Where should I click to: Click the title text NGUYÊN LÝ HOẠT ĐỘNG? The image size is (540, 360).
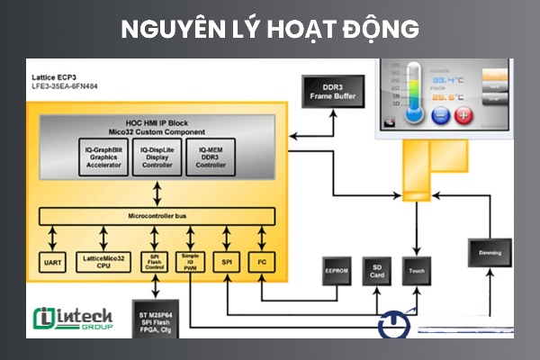coord(270,29)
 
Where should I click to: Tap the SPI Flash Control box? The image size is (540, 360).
coord(154,261)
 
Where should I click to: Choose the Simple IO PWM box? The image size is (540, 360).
coord(189,261)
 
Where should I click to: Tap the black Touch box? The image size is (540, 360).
coord(415,269)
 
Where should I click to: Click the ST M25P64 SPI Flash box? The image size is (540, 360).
coord(155,320)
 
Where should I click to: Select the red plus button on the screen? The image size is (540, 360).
coord(463,115)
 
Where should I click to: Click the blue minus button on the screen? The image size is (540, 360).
coord(440,115)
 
